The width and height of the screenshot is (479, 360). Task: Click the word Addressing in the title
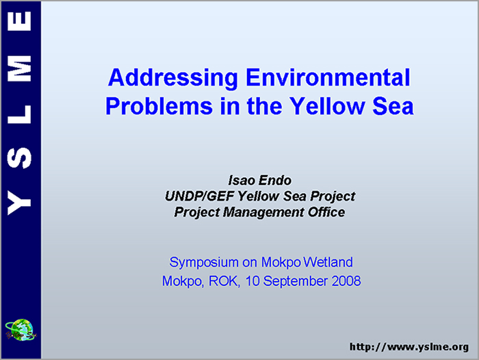(173, 78)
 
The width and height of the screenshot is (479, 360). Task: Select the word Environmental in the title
(328, 77)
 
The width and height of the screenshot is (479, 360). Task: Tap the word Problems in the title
(159, 106)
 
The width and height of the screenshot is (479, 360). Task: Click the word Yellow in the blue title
(327, 105)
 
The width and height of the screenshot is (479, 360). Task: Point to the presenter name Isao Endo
(259, 180)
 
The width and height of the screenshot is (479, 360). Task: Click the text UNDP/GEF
(200, 196)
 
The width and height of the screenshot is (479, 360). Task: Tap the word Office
(326, 212)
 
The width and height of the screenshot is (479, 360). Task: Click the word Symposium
(204, 263)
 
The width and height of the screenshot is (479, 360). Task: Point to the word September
(296, 281)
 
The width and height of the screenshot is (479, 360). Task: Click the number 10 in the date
(253, 281)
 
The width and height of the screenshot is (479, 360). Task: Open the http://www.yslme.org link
(409, 347)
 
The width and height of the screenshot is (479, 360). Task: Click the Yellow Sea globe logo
(21, 330)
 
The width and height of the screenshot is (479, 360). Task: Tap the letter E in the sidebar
(19, 21)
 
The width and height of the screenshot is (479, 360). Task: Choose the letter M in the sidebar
(19, 68)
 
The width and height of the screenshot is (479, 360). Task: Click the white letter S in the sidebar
(19, 157)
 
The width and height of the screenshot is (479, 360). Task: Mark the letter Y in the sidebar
(19, 203)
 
